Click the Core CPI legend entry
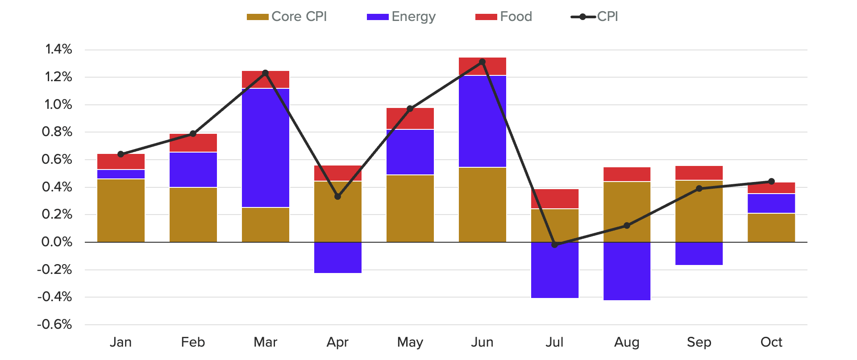[287, 17]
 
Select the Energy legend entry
[401, 17]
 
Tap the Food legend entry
[504, 17]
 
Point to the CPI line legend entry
[595, 17]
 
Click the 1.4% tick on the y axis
[58, 49]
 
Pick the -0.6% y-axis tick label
[54, 324]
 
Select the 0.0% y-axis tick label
[57, 242]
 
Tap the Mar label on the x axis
[265, 342]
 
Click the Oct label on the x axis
[771, 342]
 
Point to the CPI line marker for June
[482, 62]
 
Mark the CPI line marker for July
[554, 244]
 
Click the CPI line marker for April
[337, 196]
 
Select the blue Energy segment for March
[265, 147]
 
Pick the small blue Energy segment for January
[121, 174]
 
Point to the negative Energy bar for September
[699, 253]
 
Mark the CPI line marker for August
[627, 225]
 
